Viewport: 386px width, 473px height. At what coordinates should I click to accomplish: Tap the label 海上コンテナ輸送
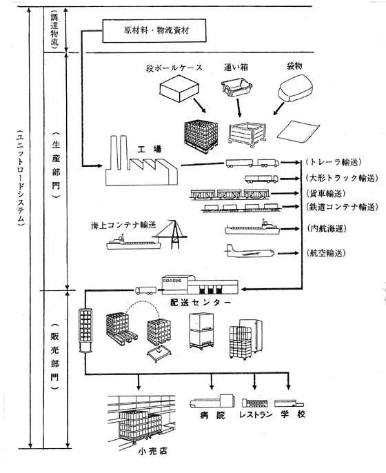click(x=121, y=225)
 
